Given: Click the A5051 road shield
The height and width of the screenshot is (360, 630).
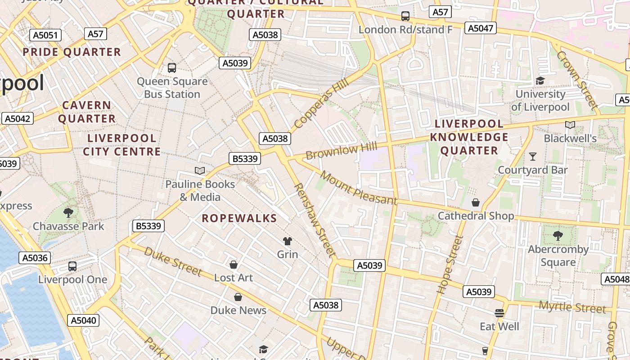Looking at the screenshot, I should point(45,36).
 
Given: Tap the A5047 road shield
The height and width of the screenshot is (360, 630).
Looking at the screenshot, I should point(481,28).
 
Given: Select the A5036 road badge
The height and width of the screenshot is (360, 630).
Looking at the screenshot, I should point(35,258).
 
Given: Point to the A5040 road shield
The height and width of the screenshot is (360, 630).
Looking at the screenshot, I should point(83,320).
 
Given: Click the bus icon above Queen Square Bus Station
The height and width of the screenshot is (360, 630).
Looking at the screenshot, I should point(172,68).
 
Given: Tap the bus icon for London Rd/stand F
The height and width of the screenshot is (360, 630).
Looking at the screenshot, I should point(405,16).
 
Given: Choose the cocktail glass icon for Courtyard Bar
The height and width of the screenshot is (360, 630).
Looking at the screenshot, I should point(533,157).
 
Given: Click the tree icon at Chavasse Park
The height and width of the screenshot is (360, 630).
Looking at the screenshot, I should point(68,212).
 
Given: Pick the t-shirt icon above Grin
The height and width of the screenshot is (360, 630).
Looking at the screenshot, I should point(287,241).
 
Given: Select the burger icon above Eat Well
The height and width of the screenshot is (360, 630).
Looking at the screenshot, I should point(499,313).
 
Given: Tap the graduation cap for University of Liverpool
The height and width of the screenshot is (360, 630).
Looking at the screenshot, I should point(540,81).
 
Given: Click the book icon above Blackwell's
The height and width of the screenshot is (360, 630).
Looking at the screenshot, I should point(570,125).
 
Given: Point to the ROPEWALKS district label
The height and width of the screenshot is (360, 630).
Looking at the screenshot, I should point(239,219).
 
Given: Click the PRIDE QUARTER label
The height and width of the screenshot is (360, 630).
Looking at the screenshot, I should point(72,52).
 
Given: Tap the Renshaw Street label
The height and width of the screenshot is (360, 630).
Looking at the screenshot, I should point(315,220).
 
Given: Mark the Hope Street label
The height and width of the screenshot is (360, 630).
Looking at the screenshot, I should point(450,265).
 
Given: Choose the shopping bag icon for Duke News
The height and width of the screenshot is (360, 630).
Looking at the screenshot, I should point(238,297).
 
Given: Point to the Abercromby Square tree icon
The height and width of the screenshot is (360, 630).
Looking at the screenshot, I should point(558,235).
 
